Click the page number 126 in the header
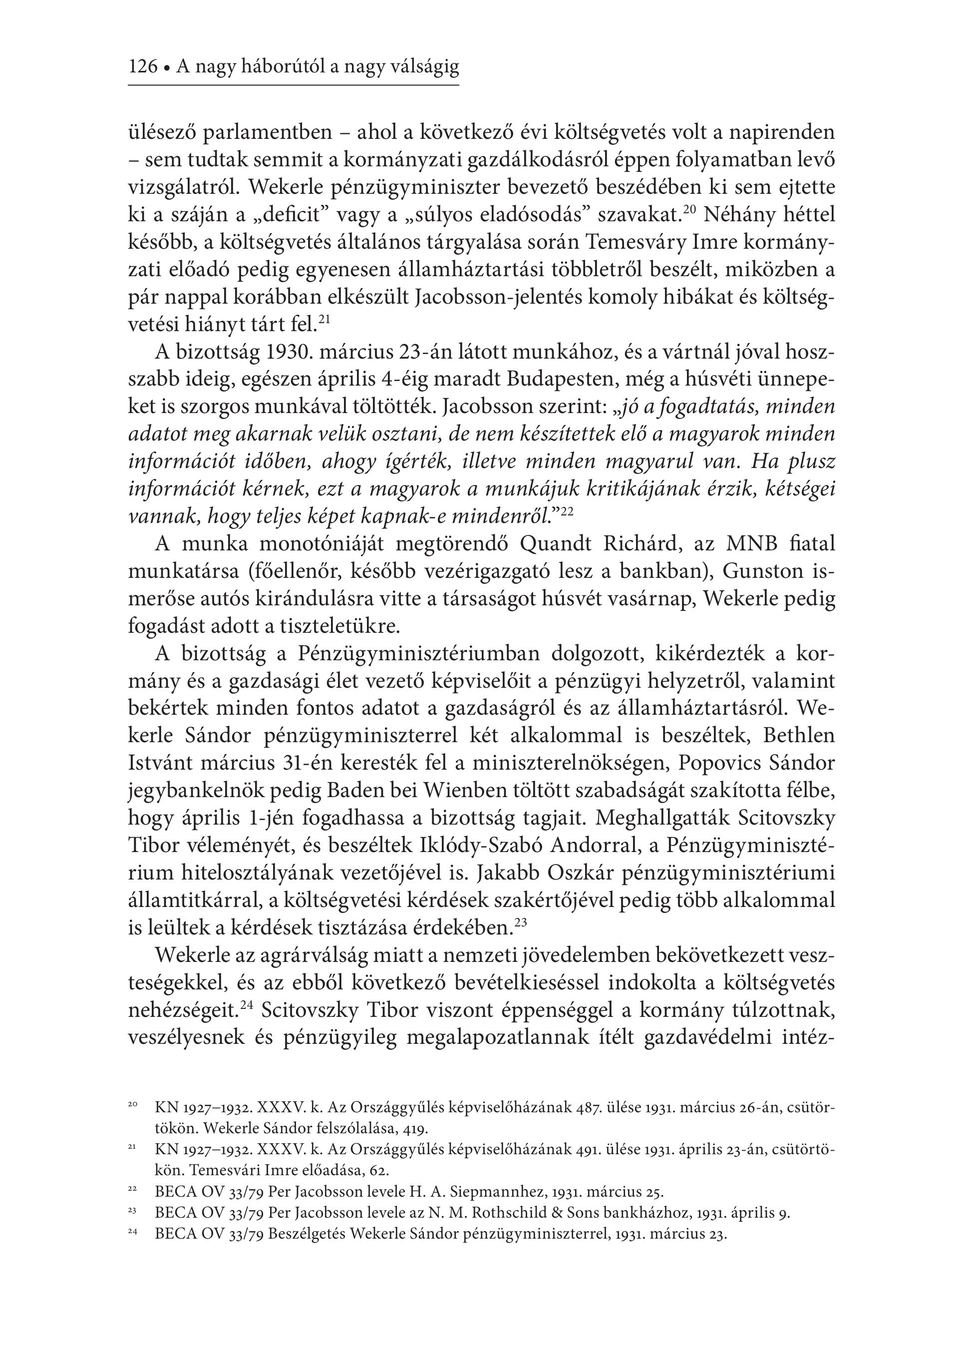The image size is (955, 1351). click(143, 67)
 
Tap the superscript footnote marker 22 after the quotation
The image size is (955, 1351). click(567, 511)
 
